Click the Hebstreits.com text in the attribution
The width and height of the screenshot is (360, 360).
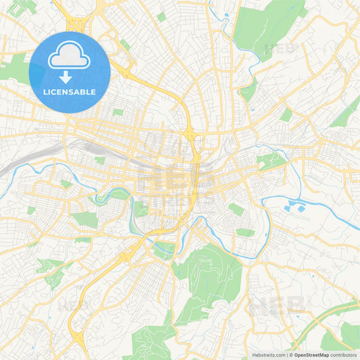point(267,355)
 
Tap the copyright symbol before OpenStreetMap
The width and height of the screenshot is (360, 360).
point(290,355)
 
